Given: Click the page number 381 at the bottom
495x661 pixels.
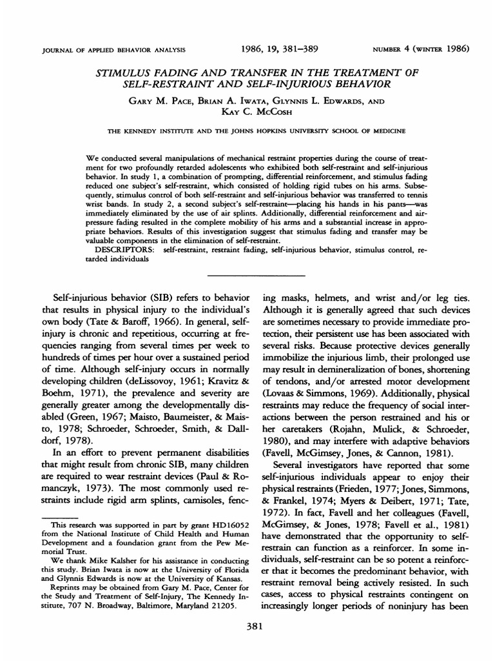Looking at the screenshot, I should tap(247, 625).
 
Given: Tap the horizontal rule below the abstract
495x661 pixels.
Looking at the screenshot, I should tap(247, 276).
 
